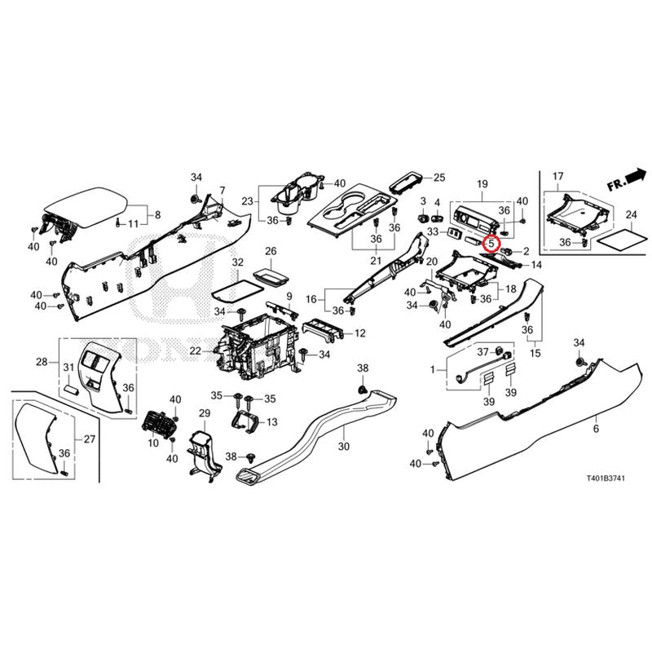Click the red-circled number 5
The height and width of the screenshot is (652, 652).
(x=491, y=242)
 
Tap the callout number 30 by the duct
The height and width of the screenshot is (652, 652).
(x=343, y=446)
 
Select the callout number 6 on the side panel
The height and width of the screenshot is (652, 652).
(x=596, y=429)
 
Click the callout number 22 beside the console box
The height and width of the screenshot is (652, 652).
(x=196, y=350)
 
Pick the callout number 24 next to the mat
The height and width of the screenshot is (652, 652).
(x=630, y=215)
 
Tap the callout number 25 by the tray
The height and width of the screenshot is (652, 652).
(x=439, y=177)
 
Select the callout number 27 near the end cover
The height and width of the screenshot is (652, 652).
(x=89, y=439)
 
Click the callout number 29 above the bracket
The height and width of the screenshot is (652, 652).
(x=205, y=415)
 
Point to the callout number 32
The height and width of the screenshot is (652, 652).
(x=237, y=263)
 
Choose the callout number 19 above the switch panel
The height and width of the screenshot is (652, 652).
(x=482, y=185)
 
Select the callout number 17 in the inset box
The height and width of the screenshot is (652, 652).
(x=557, y=176)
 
